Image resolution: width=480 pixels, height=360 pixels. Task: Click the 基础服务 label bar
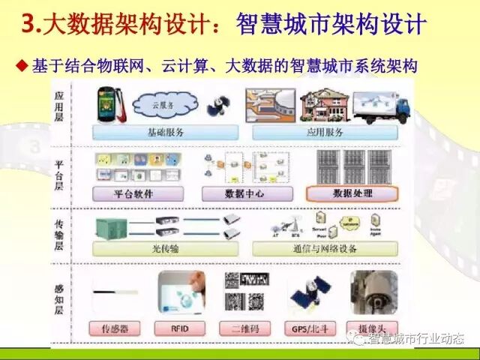166,133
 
